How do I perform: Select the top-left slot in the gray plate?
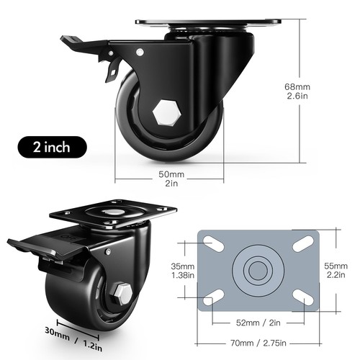click(x=212, y=243)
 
